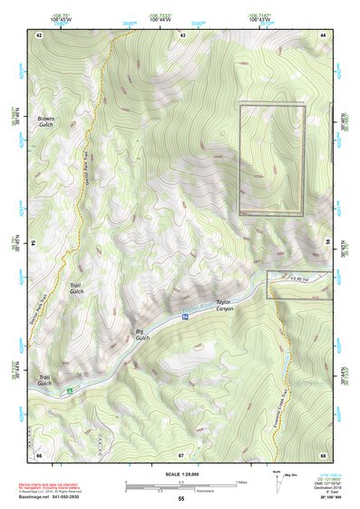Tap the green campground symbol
tap(68, 392)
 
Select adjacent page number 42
tap(39, 34)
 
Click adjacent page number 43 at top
tap(183, 34)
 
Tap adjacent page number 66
tap(39, 454)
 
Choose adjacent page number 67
tap(181, 454)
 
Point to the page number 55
tap(180, 498)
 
